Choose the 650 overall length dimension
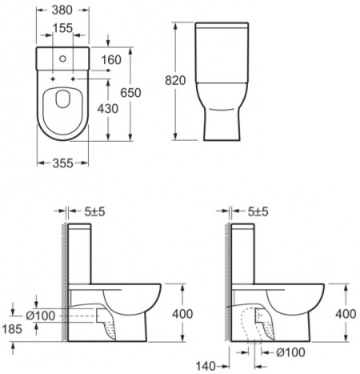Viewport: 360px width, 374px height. [x=130, y=94]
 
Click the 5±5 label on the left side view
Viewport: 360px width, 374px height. [x=95, y=212]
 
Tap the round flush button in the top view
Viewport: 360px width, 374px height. [x=64, y=58]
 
